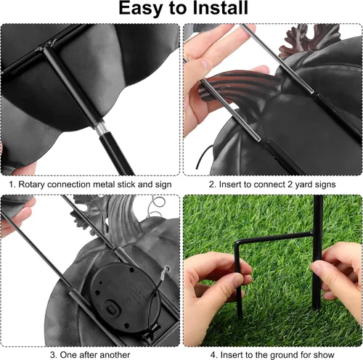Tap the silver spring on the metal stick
[x=99, y=129]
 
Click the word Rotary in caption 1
[x=32, y=184]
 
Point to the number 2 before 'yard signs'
[x=290, y=184]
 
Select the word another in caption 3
[x=115, y=355]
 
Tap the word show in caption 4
[x=324, y=355]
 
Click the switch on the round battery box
[x=112, y=308]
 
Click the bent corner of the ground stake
[x=237, y=243]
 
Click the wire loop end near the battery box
[x=166, y=269]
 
